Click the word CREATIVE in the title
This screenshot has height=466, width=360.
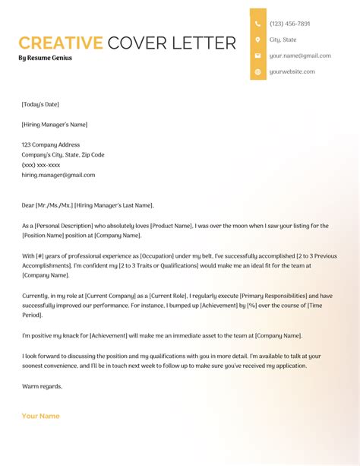tap(60, 43)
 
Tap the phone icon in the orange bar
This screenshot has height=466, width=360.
tap(258, 24)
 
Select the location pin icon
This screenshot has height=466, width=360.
tap(258, 40)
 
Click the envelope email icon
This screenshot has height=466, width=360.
tap(258, 55)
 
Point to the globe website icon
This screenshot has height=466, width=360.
tap(258, 71)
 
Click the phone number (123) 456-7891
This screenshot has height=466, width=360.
tap(289, 24)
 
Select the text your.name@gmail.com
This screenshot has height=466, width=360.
tap(300, 55)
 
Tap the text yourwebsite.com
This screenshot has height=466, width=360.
tap(292, 71)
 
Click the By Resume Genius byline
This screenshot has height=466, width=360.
tap(46, 58)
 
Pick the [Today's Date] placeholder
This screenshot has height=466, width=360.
tap(40, 104)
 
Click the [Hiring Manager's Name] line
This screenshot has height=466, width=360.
tap(55, 125)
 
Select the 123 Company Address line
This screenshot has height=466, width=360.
tap(50, 144)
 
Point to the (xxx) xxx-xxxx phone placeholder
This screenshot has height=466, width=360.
tap(41, 165)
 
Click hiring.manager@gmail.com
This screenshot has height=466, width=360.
tap(58, 175)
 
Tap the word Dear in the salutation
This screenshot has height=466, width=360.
tap(29, 205)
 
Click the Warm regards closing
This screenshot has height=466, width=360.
tap(42, 386)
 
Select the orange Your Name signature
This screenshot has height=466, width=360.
tap(40, 416)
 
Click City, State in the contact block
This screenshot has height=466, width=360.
tap(283, 40)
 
